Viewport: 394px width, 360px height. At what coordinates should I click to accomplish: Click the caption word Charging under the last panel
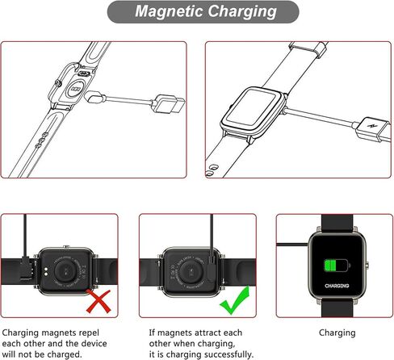click(x=337, y=332)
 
